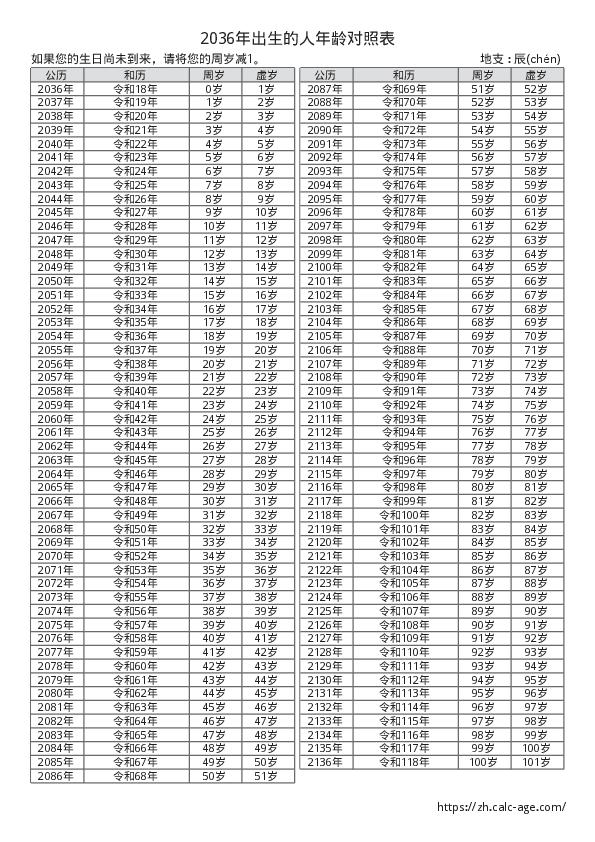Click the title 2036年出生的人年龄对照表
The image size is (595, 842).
pyautogui.click(x=297, y=38)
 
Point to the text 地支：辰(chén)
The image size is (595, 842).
pyautogui.click(x=521, y=59)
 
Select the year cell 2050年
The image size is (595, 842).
pyautogui.click(x=56, y=281)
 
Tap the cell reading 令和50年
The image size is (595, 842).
pyautogui.click(x=135, y=528)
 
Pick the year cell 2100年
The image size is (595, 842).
pyautogui.click(x=325, y=267)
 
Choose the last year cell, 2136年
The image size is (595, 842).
pyautogui.click(x=325, y=761)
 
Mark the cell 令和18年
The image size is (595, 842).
pyautogui.click(x=135, y=89)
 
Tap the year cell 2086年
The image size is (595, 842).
pyautogui.click(x=56, y=775)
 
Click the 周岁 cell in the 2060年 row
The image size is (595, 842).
pyautogui.click(x=213, y=418)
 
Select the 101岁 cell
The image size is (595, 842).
pyautogui.click(x=536, y=761)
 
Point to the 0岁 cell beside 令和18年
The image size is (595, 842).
pyautogui.click(x=213, y=89)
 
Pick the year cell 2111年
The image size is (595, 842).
pyautogui.click(x=325, y=418)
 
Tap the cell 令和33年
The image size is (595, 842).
pyautogui.click(x=135, y=295)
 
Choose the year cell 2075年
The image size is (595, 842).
pyautogui.click(x=56, y=624)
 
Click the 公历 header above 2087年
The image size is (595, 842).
pyautogui.click(x=325, y=75)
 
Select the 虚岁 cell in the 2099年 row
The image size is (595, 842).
pyautogui.click(x=536, y=254)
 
